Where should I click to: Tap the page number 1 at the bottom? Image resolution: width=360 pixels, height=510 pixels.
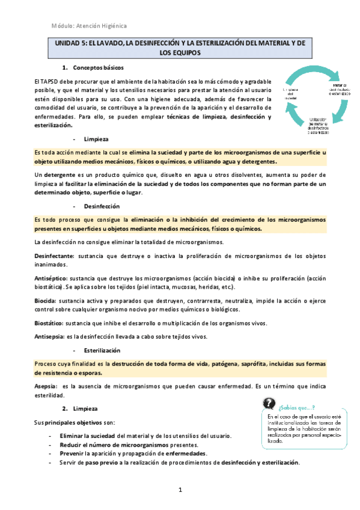point(180,490)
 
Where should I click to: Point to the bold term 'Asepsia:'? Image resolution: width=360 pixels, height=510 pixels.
point(47,387)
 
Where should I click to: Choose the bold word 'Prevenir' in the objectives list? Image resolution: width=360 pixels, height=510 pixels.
point(73,453)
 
